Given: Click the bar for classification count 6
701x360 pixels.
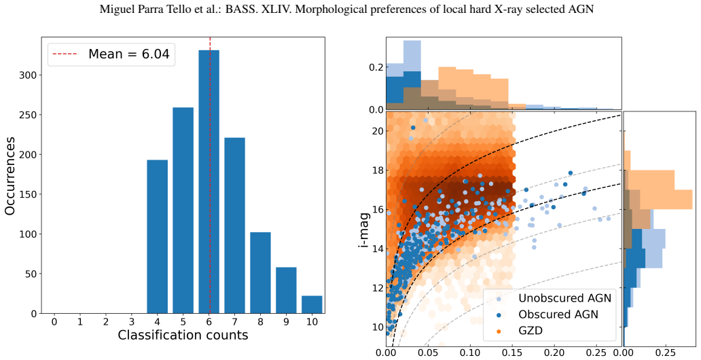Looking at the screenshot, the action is pyautogui.click(x=209, y=181).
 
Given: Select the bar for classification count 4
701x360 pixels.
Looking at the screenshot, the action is pyautogui.click(x=158, y=236).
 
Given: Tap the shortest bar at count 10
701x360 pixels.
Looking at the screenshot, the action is pyautogui.click(x=312, y=304).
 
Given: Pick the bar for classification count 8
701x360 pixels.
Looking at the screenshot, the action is pyautogui.click(x=260, y=273).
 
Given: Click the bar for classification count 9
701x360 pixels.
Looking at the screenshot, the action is pyautogui.click(x=286, y=290).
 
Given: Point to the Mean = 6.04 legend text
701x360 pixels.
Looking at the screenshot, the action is pyautogui.click(x=129, y=54).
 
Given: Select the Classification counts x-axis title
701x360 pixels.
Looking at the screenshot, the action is pyautogui.click(x=183, y=335).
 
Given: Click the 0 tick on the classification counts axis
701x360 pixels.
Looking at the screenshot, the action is pyautogui.click(x=54, y=321).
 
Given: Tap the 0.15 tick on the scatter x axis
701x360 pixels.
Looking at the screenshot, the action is pyautogui.click(x=512, y=353).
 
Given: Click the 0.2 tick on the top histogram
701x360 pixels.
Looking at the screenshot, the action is pyautogui.click(x=376, y=67).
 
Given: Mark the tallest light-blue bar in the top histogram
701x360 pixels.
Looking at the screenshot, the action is pyautogui.click(x=412, y=75).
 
